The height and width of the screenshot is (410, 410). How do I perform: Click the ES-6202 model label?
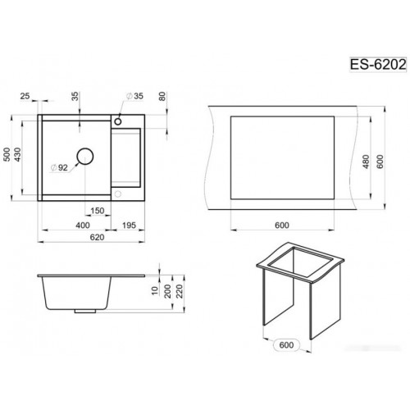[378, 65]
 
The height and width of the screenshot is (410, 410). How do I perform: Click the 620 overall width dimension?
[97, 237]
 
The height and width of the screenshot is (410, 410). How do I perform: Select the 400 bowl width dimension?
[83, 225]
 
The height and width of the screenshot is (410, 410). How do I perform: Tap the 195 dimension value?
[129, 225]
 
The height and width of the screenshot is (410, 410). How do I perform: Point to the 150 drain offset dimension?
[98, 211]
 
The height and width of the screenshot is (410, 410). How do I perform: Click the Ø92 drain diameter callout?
[59, 167]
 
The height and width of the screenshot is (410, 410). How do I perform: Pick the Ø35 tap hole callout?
[134, 96]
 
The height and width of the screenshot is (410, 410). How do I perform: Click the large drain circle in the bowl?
[85, 157]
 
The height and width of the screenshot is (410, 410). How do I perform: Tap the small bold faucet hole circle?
[118, 121]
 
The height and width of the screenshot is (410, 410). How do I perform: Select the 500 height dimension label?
[7, 154]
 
